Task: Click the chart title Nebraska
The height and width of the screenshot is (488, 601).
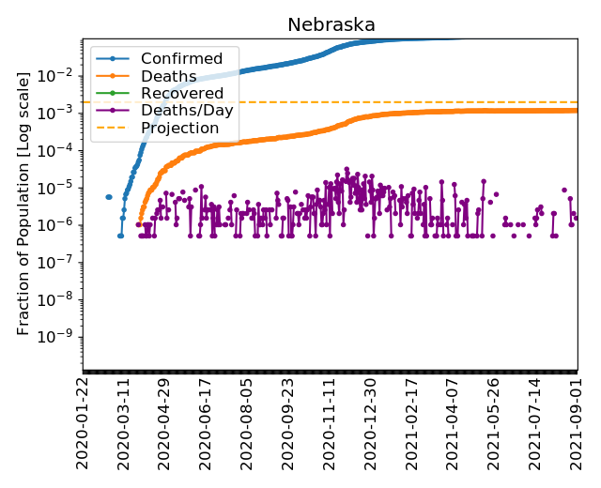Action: [x=331, y=24]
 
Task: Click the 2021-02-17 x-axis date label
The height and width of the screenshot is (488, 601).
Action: [x=412, y=423]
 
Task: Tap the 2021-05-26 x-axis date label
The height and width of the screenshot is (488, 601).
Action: [x=495, y=423]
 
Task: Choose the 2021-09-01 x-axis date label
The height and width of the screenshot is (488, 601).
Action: [x=577, y=423]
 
